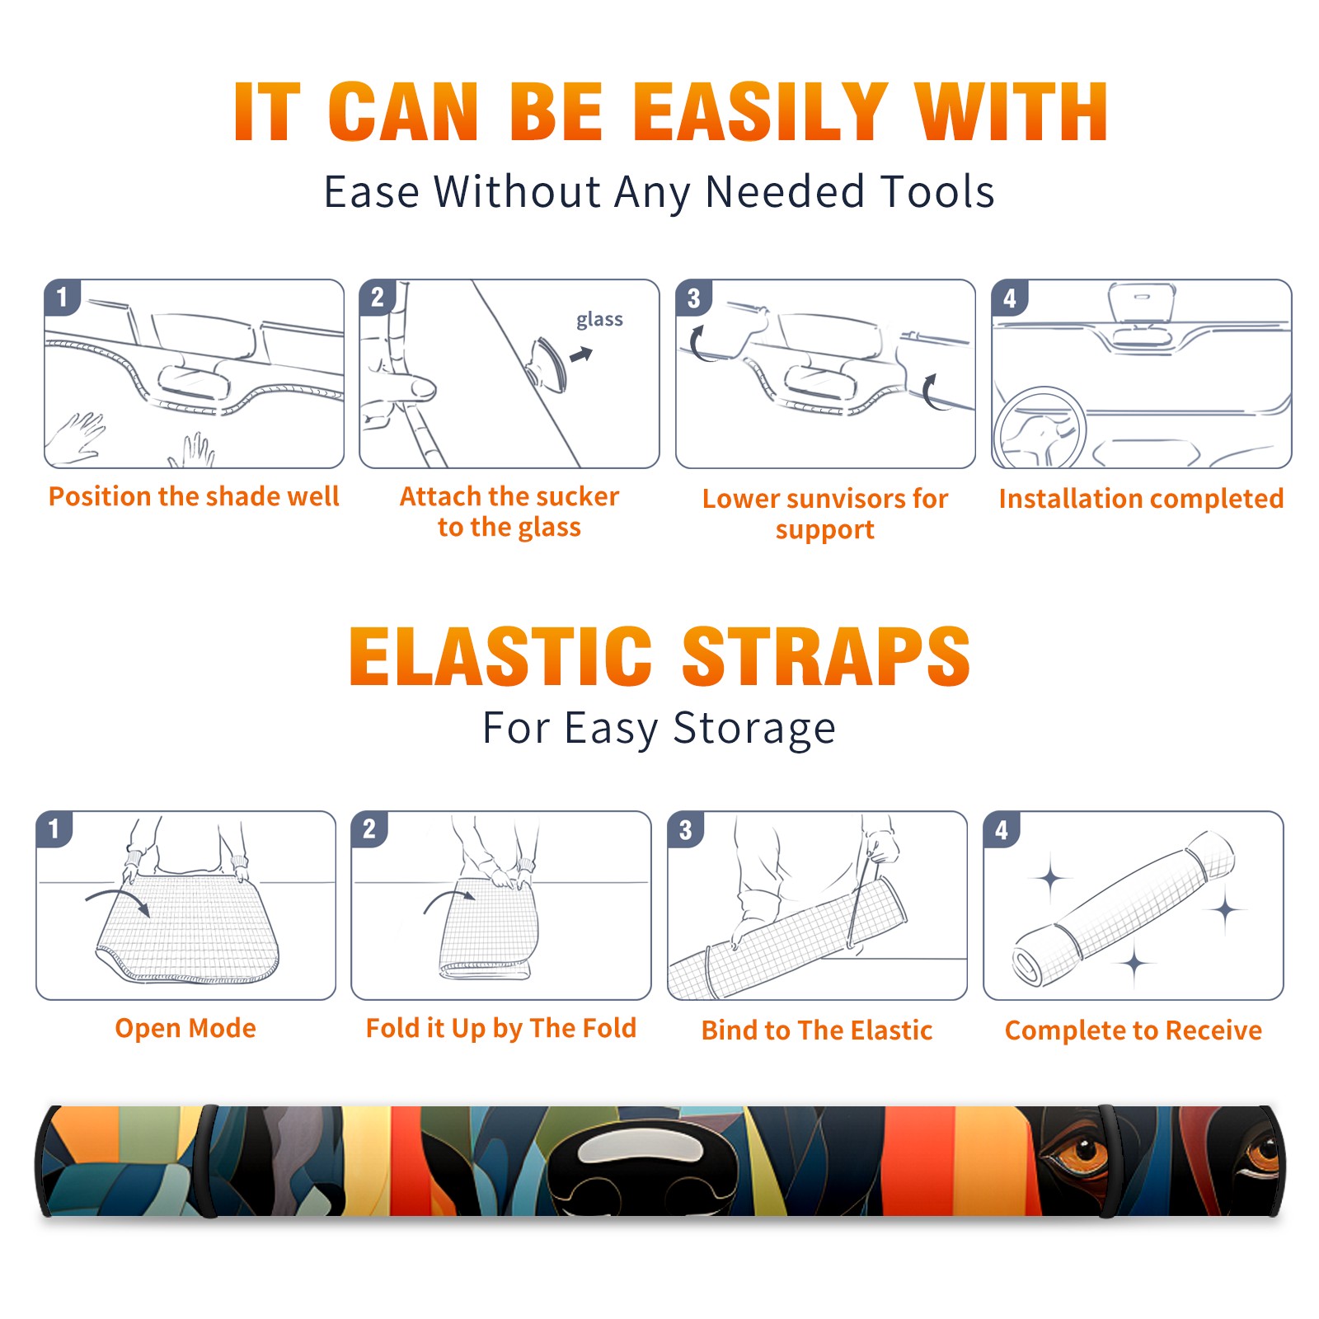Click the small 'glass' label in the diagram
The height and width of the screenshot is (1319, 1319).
[x=599, y=320]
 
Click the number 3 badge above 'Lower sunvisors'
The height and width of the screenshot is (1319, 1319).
[x=693, y=298]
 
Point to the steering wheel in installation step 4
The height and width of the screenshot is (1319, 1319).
[x=1040, y=427]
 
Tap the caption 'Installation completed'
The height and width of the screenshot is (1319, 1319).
[x=1141, y=498]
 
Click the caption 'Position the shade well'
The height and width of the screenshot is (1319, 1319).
[x=194, y=496]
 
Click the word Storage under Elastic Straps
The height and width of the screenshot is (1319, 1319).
[x=754, y=728]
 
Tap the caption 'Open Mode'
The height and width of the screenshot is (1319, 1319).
[x=185, y=1028]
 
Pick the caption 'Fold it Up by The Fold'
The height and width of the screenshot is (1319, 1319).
[x=501, y=1028]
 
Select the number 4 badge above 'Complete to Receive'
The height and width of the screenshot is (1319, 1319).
[x=1002, y=829]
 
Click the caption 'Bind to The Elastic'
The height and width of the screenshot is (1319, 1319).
[x=817, y=1030]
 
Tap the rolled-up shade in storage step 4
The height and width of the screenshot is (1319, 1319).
[x=1123, y=908]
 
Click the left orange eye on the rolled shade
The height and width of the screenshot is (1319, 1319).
[x=1081, y=1149]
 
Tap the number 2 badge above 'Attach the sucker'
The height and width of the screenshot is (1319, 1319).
[x=378, y=298]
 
